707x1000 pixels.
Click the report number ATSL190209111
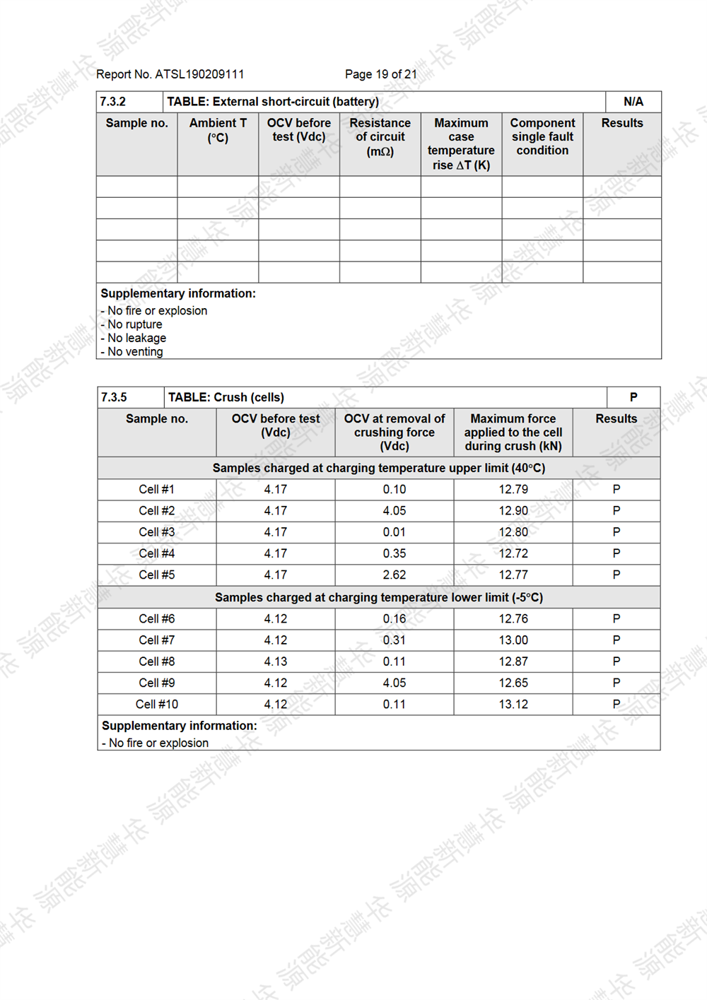tap(199, 74)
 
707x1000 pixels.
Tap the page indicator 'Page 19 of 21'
tap(380, 74)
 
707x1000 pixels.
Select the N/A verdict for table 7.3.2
tap(633, 102)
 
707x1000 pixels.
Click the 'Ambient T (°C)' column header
tap(218, 130)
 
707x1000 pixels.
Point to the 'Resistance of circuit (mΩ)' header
tap(380, 137)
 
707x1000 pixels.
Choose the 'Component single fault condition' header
tap(542, 136)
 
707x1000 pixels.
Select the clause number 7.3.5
tap(114, 397)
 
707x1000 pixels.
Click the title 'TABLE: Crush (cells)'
tap(226, 397)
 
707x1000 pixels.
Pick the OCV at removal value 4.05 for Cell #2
tap(395, 511)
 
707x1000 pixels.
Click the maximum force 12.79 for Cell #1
tap(513, 489)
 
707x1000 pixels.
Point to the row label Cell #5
tap(157, 575)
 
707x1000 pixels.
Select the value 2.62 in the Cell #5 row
tap(395, 575)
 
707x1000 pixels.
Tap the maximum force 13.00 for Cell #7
tap(513, 640)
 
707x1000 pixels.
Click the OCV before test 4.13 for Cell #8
tap(276, 661)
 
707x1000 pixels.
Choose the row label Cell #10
tap(157, 705)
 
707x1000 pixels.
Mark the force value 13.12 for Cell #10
tap(513, 705)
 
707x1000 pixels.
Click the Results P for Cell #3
tap(617, 532)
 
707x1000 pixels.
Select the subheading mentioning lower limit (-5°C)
tap(379, 598)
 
